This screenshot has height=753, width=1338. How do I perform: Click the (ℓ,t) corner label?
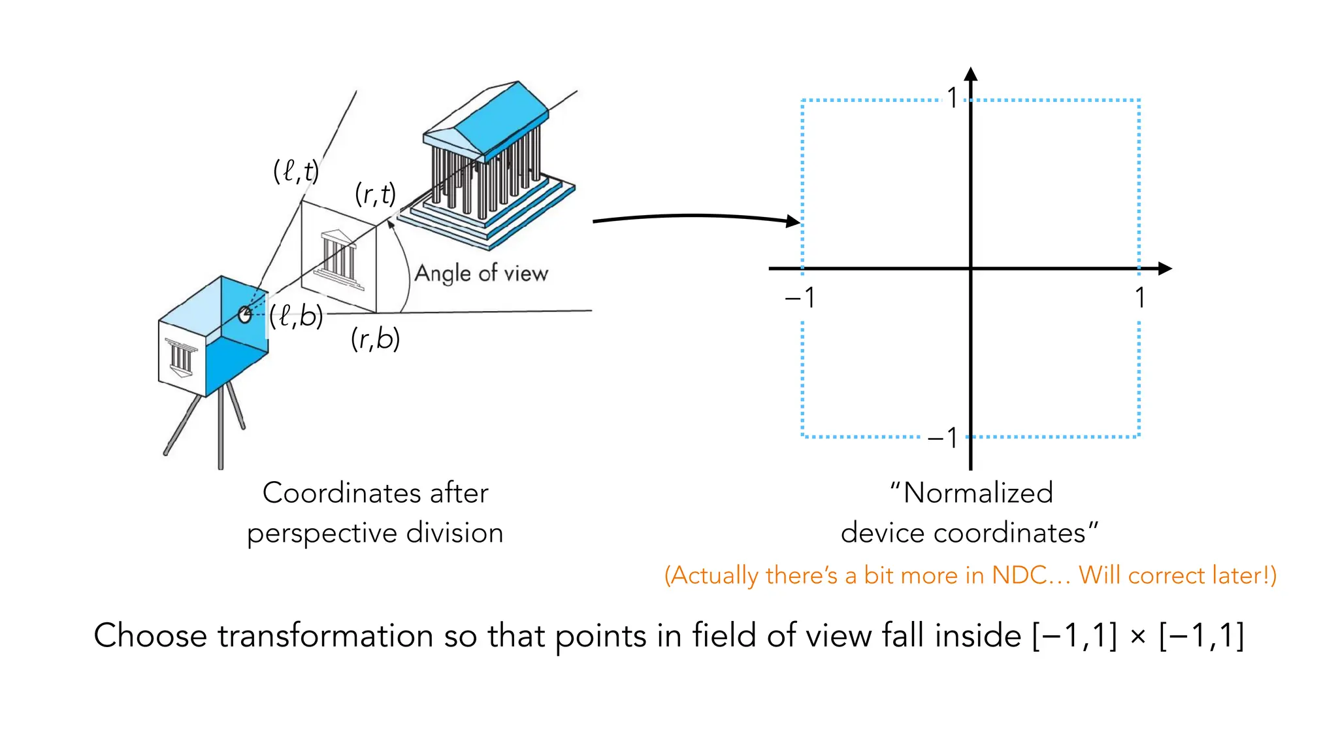click(295, 172)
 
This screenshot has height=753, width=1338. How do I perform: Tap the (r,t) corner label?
click(375, 195)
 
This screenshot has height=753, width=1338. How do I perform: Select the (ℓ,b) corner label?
click(296, 317)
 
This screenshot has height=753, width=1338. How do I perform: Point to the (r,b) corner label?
click(375, 339)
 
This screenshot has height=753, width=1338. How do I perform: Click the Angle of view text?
click(481, 273)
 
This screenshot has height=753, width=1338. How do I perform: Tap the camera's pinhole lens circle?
click(245, 314)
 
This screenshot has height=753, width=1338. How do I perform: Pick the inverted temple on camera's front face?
click(180, 358)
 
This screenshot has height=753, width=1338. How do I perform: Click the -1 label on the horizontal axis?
click(800, 298)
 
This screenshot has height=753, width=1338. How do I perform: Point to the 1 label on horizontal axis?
click(1139, 298)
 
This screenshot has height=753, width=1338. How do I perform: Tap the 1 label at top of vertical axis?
click(953, 99)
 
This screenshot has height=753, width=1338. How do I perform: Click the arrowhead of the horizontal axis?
click(1164, 269)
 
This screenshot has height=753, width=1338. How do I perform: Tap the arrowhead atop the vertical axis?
click(971, 74)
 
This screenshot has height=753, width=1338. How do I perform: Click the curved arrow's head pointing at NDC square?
click(792, 222)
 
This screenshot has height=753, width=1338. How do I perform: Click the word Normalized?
click(977, 493)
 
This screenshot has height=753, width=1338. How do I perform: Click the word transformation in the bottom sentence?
click(325, 635)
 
